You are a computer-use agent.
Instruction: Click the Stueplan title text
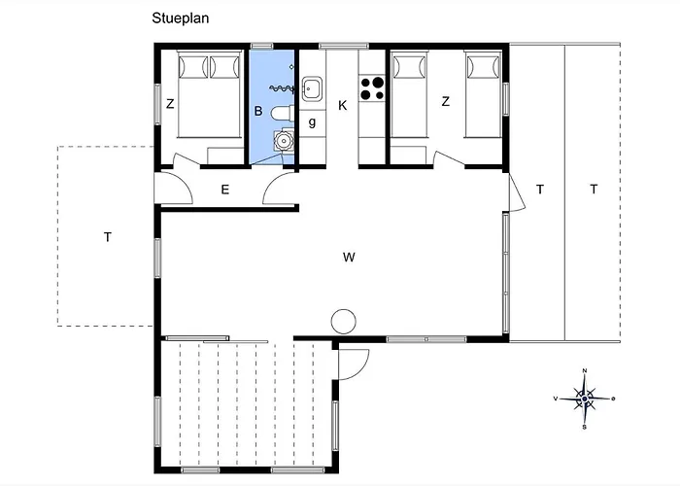coord(181,18)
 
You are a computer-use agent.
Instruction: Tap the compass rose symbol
coord(585,399)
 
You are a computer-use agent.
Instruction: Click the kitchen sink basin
coord(312,88)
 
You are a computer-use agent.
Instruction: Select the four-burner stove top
coord(372,88)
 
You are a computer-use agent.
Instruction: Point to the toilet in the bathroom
coord(283,114)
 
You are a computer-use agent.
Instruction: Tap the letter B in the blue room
coord(258,111)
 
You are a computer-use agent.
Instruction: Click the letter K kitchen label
coord(343,105)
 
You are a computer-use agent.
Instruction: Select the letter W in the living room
coord(349,258)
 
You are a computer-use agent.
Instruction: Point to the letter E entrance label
coord(225,190)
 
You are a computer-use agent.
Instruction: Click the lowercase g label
coord(312,122)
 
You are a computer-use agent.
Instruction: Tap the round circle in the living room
coord(344,322)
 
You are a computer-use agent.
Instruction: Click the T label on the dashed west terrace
coord(108,237)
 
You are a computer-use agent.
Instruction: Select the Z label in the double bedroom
coord(170,104)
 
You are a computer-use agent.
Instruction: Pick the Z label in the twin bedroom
coord(445,101)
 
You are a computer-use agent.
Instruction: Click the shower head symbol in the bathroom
coord(283,89)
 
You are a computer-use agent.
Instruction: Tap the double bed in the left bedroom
coord(209,94)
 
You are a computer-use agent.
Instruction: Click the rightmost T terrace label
coord(594,189)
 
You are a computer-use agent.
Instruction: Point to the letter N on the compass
coord(585,370)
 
